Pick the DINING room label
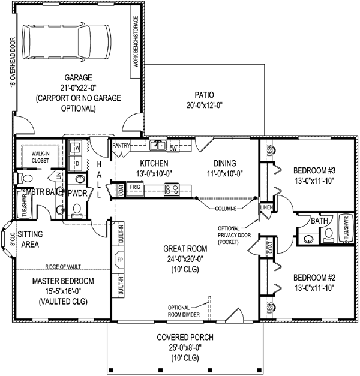pyautogui.click(x=224, y=163)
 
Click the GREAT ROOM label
pyautogui.click(x=184, y=248)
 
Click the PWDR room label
pyautogui.click(x=77, y=194)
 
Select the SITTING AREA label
pyautogui.click(x=29, y=239)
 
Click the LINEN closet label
pyautogui.click(x=266, y=207)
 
